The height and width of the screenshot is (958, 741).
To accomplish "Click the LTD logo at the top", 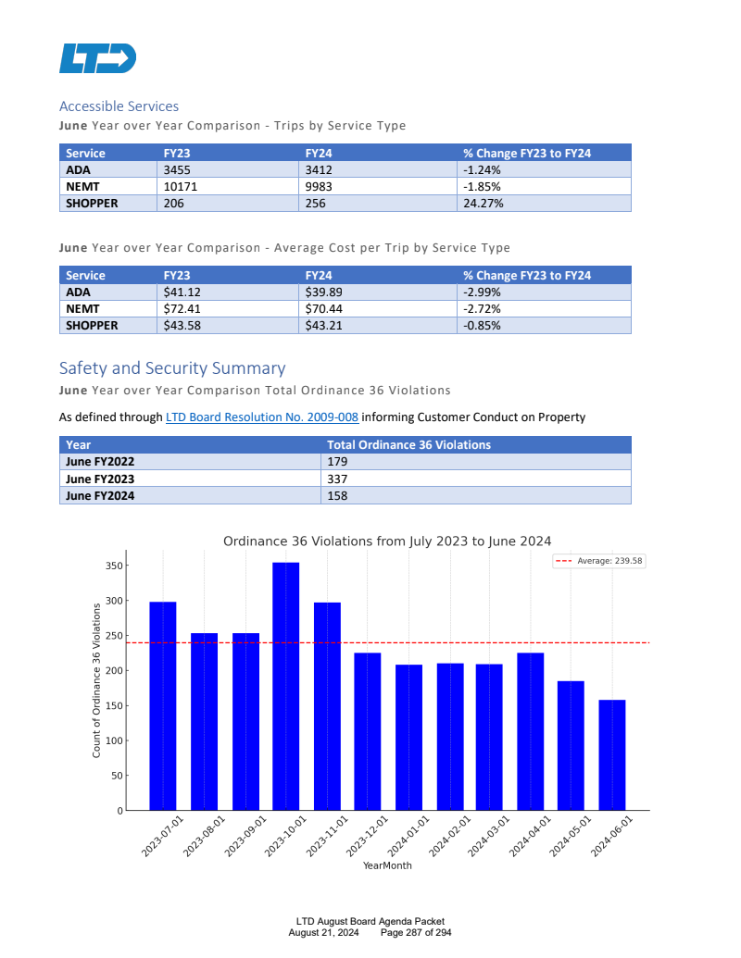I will point(97,57).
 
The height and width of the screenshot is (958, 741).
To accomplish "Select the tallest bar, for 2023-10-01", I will point(285,686).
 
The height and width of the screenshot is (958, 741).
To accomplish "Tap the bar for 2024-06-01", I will point(611,754).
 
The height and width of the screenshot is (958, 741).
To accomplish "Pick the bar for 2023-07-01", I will point(163,705).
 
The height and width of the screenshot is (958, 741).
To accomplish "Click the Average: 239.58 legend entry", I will point(599,561).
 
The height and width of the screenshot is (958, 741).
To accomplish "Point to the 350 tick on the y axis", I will point(114,566).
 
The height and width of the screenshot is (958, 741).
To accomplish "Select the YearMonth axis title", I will point(387,866).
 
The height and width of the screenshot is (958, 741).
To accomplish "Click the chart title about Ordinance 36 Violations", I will point(387,541).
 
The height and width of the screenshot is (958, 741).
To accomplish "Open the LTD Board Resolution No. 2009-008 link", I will point(262,417).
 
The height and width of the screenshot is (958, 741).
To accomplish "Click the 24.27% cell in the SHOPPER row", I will point(484,204).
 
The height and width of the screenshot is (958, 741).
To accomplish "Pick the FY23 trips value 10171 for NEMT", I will point(181,187).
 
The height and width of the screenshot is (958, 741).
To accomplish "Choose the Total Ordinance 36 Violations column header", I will point(408,445).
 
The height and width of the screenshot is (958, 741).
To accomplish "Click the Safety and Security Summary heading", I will point(172,368).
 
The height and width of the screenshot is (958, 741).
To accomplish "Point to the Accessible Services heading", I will point(119,106).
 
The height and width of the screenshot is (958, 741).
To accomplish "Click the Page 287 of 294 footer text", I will point(416,932).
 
